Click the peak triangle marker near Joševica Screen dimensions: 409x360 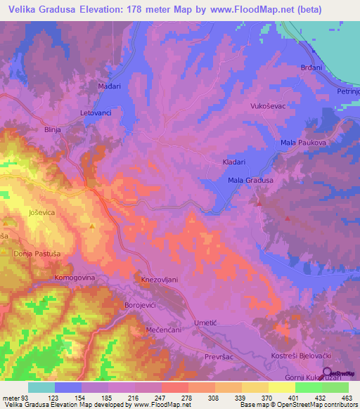pos(93,226)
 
